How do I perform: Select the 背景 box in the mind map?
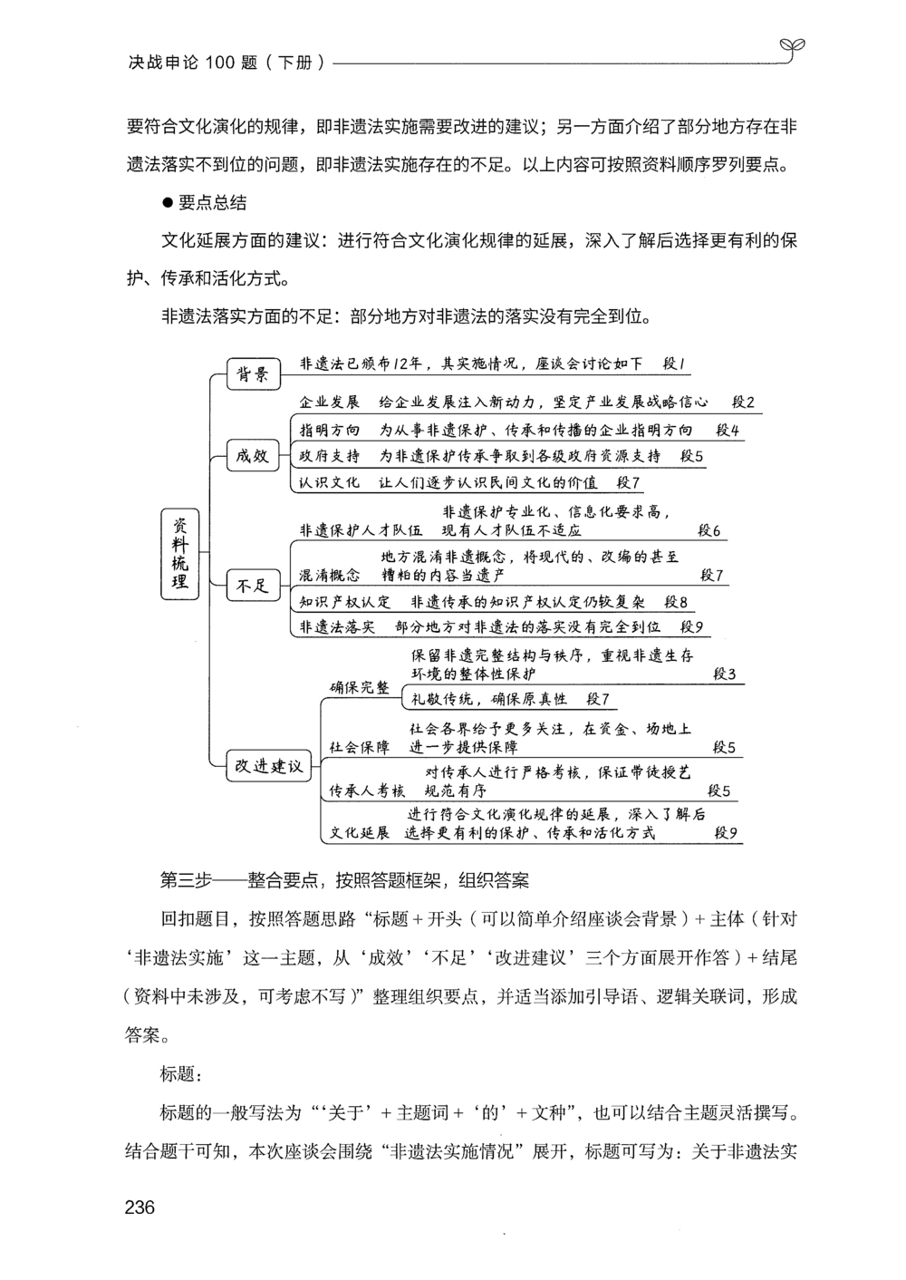[253, 373]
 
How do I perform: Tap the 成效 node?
[253, 456]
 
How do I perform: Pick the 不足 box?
[253, 586]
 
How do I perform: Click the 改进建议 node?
[269, 766]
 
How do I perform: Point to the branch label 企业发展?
[330, 402]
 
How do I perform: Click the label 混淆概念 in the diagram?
[330, 575]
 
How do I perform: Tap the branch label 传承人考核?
[367, 790]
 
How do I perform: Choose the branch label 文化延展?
[360, 832]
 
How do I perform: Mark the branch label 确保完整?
[360, 687]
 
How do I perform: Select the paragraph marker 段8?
[676, 601]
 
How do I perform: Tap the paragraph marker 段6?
[708, 530]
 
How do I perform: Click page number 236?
[140, 1207]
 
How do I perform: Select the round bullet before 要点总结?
[167, 203]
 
